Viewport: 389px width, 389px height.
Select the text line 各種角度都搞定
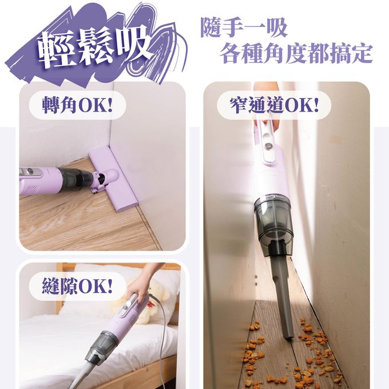[x=296, y=53]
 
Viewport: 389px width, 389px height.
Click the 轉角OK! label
[x=77, y=105]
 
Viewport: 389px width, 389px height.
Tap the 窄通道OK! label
[x=274, y=105]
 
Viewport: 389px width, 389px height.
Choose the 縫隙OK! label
[x=77, y=286]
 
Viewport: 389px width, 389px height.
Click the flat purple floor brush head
[x=113, y=178]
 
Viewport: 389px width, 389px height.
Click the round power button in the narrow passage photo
[x=268, y=146]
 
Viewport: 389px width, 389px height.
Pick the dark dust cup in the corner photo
[x=74, y=177]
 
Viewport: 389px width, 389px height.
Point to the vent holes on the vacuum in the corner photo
[x=32, y=188]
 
